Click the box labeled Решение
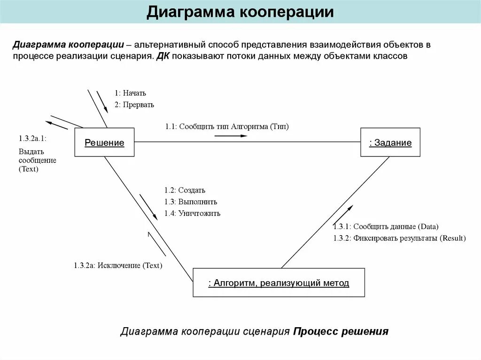pyautogui.click(x=104, y=143)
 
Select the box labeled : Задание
pyautogui.click(x=390, y=143)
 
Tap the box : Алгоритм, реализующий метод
pyautogui.click(x=279, y=283)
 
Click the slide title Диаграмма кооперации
pyautogui.click(x=240, y=12)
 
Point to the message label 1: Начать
pyautogui.click(x=130, y=93)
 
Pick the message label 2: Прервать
pyautogui.click(x=134, y=105)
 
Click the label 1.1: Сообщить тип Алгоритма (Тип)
pyautogui.click(x=227, y=126)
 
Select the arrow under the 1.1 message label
pyautogui.click(x=231, y=136)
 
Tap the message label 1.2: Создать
pyautogui.click(x=185, y=190)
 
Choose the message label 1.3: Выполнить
pyautogui.click(x=191, y=202)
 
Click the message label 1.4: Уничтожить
pyautogui.click(x=192, y=213)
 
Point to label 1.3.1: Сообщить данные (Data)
pyautogui.click(x=386, y=226)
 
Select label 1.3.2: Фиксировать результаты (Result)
pyautogui.click(x=399, y=238)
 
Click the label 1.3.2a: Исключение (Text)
pyautogui.click(x=117, y=265)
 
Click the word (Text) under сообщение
pyautogui.click(x=29, y=169)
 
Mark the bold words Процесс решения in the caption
pyautogui.click(x=341, y=331)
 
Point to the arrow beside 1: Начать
pyautogui.click(x=102, y=99)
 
